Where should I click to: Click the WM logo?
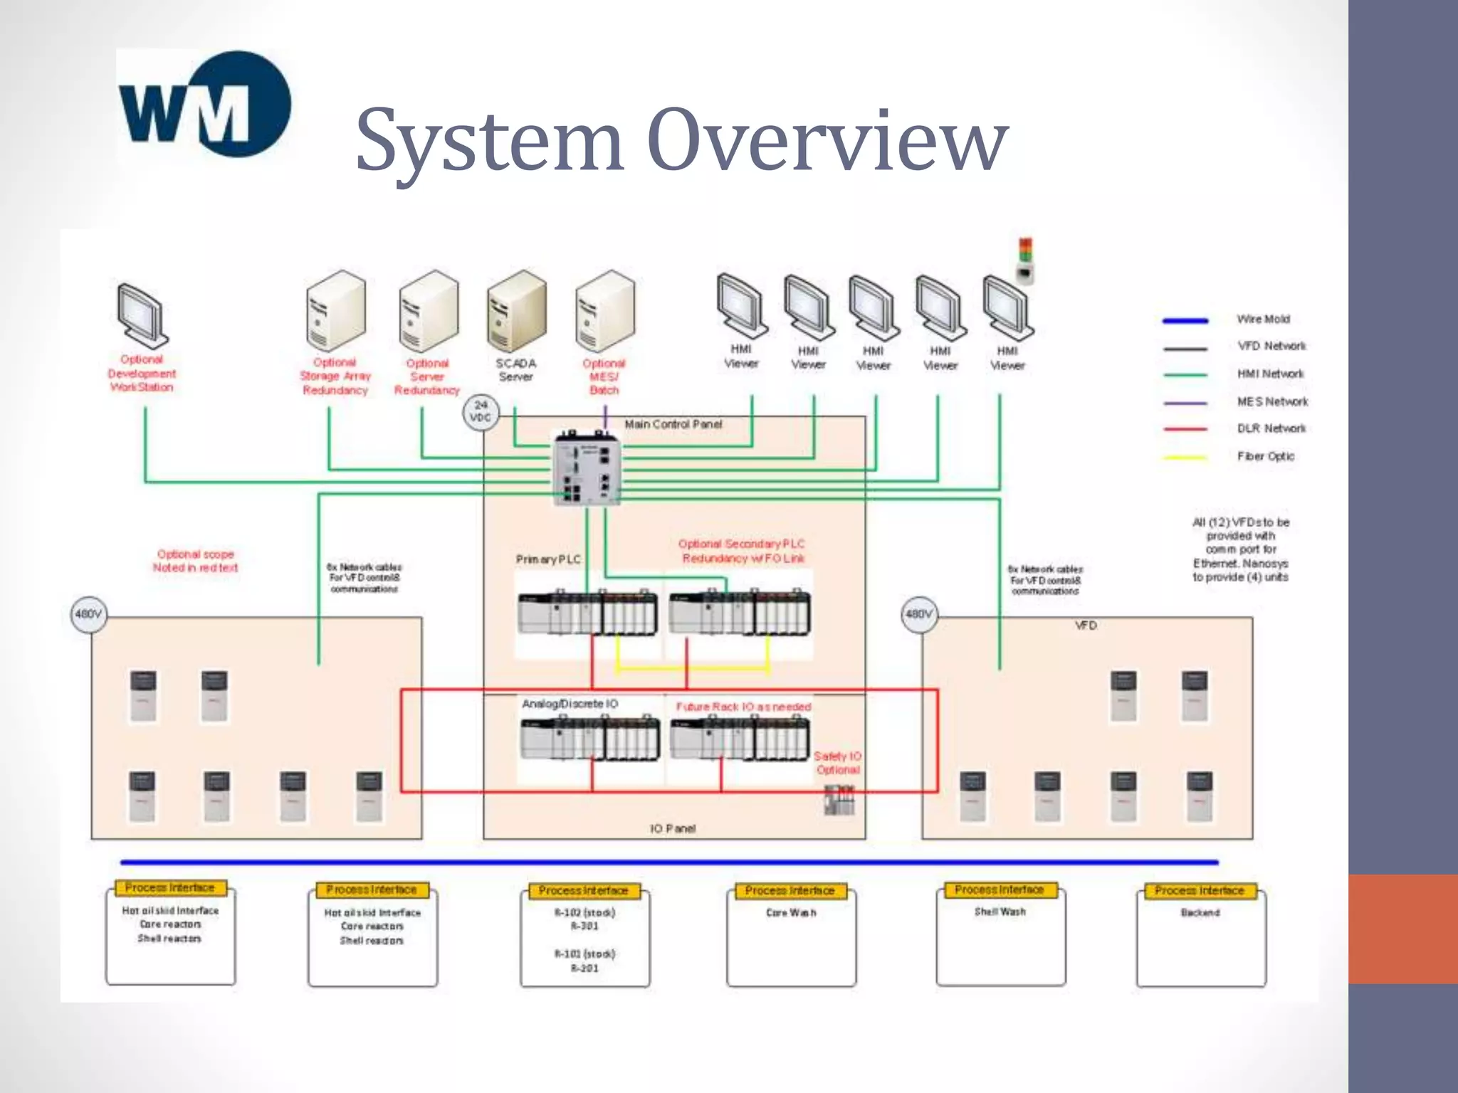click(x=205, y=105)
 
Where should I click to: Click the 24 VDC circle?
click(x=481, y=411)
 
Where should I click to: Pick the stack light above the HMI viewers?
click(x=1025, y=260)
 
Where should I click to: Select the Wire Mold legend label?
click(x=1263, y=320)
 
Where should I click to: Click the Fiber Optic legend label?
click(x=1265, y=457)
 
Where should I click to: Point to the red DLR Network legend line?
click(x=1185, y=429)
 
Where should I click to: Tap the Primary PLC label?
click(x=548, y=559)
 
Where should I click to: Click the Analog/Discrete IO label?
click(x=570, y=704)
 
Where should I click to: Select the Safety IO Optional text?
click(x=837, y=763)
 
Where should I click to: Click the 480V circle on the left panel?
click(x=89, y=614)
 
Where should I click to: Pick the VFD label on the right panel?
click(x=1086, y=625)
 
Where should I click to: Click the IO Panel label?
click(x=673, y=828)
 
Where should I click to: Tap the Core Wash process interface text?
click(x=791, y=913)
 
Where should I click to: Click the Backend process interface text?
click(x=1200, y=913)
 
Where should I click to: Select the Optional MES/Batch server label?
click(x=604, y=376)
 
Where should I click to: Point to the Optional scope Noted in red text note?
click(x=195, y=561)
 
